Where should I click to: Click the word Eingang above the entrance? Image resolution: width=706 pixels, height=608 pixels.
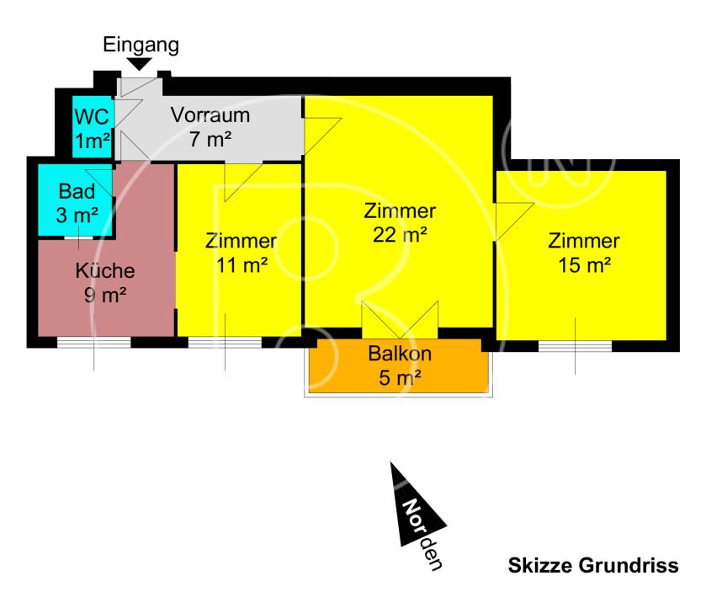(x=141, y=45)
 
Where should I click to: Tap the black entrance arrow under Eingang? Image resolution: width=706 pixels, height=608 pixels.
(x=141, y=64)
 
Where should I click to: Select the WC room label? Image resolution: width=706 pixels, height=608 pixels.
(x=91, y=115)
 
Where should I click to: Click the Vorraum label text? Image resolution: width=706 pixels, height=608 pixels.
(x=210, y=115)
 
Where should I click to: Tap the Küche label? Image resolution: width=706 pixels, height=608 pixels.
(x=105, y=271)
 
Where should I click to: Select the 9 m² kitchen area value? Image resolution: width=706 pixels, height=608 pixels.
(x=105, y=295)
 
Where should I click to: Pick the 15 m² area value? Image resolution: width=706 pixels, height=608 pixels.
(x=584, y=265)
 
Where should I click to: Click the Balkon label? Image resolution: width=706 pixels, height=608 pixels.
(x=400, y=354)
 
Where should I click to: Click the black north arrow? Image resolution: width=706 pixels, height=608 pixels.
(x=412, y=507)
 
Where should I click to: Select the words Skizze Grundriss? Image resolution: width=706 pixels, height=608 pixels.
(x=593, y=566)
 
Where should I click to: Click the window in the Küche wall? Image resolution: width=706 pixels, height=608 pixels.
(x=93, y=342)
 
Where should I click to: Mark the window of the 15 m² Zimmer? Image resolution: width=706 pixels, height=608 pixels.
(x=576, y=346)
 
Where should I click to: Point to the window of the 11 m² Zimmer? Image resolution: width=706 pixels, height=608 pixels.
(x=225, y=342)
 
